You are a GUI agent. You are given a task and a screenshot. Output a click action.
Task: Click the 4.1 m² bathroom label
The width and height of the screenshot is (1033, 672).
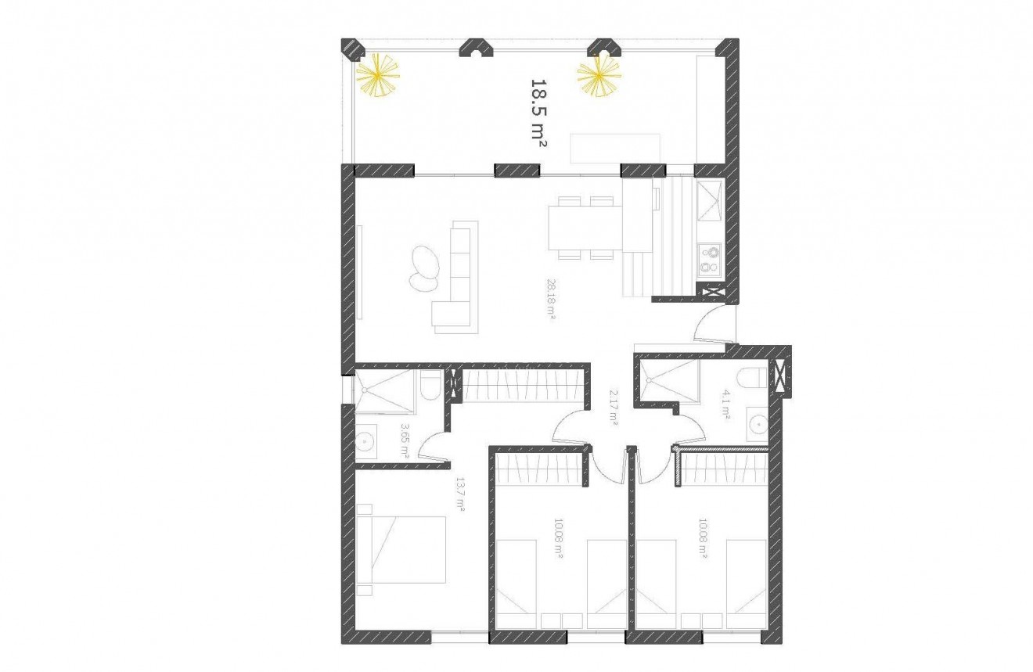click(x=726, y=406)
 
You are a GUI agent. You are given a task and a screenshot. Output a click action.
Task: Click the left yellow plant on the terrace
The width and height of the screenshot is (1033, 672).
click(x=378, y=77)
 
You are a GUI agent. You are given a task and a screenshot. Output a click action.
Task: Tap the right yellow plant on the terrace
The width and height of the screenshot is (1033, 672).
click(x=599, y=76)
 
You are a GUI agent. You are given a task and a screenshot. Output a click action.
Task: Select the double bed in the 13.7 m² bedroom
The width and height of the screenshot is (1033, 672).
click(x=401, y=549)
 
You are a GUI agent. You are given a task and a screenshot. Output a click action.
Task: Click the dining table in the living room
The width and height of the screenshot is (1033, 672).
click(x=586, y=226)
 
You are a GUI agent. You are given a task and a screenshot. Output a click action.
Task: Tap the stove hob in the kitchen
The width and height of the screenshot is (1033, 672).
click(x=709, y=259)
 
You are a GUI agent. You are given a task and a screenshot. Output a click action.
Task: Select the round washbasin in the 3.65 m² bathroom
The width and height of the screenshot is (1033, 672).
click(x=366, y=444)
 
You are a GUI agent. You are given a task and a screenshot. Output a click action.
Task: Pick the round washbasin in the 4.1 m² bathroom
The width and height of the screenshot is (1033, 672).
click(x=757, y=425)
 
